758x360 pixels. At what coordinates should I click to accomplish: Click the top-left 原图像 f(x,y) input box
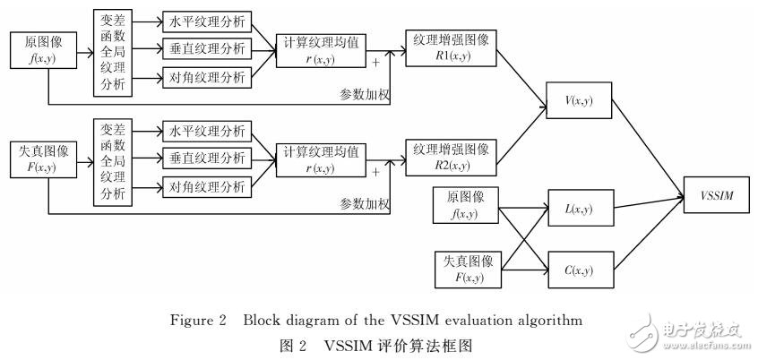coord(36,50)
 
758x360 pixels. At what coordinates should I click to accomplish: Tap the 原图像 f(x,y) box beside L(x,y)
coord(466,205)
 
